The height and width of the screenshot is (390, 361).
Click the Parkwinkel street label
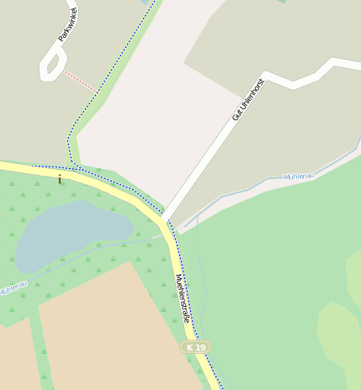click(x=68, y=24)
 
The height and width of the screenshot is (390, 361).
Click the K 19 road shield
click(x=196, y=346)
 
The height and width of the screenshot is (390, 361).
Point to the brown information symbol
click(x=60, y=178)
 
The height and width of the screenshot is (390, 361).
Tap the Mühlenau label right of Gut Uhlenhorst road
click(x=299, y=177)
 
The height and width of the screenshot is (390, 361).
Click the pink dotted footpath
click(x=81, y=81)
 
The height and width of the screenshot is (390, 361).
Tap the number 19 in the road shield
click(x=200, y=346)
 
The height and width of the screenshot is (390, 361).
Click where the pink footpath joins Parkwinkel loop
click(x=64, y=71)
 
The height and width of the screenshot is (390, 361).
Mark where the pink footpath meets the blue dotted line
click(x=97, y=91)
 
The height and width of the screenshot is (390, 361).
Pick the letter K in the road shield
click(x=190, y=346)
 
